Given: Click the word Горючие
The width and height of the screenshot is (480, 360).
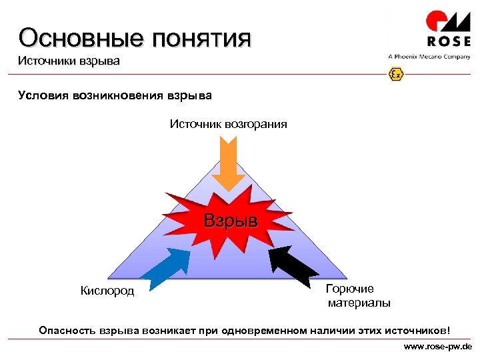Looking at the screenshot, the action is click(x=349, y=289).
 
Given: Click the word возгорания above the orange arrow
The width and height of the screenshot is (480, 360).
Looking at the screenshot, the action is click(x=256, y=123).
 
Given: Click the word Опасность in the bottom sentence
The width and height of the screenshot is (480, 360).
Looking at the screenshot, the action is click(x=67, y=330).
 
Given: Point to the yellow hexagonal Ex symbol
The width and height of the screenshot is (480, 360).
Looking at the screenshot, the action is click(x=396, y=75).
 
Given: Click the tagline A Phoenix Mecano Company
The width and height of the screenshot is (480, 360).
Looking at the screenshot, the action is click(x=429, y=57).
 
